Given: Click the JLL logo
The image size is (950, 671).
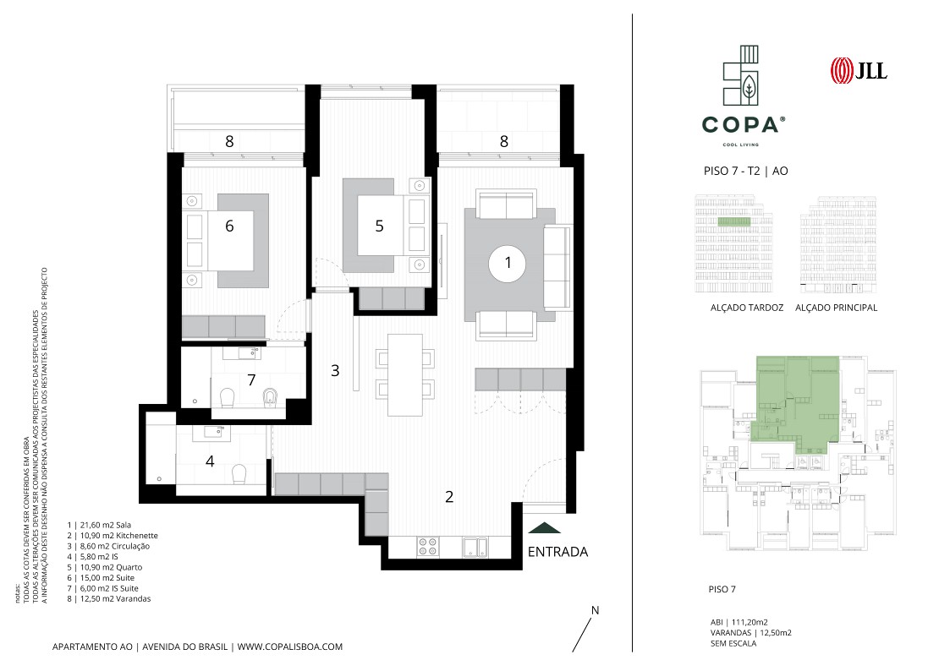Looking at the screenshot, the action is click(x=859, y=70).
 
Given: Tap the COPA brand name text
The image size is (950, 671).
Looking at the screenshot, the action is click(x=740, y=125).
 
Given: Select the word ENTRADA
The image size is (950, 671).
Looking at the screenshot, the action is click(x=557, y=552).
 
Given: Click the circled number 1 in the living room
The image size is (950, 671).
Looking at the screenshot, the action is click(x=508, y=263).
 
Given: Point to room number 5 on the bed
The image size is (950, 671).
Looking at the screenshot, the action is click(x=379, y=226).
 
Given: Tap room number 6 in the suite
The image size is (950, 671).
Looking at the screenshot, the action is click(x=229, y=226).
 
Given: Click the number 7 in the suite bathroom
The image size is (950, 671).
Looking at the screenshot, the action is click(x=251, y=380).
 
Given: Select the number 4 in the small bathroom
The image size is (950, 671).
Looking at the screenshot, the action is click(x=210, y=461).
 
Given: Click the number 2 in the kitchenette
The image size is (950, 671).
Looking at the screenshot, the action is click(x=449, y=497).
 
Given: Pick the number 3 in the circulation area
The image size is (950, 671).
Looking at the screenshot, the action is click(x=335, y=370).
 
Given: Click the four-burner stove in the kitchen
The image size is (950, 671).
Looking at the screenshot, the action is click(x=428, y=547).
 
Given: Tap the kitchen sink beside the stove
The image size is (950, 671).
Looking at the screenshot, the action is click(x=477, y=547).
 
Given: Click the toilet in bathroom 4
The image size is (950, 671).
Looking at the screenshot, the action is click(x=239, y=474).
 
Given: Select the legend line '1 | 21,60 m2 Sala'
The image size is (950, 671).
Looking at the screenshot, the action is click(x=99, y=525).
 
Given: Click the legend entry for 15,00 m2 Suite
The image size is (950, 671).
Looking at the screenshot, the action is click(x=102, y=578).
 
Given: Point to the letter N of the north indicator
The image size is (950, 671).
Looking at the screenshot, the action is click(x=595, y=610).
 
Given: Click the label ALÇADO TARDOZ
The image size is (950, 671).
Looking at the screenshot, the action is click(x=746, y=308).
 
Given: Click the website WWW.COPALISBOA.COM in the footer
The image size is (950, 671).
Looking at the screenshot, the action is click(x=289, y=646).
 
